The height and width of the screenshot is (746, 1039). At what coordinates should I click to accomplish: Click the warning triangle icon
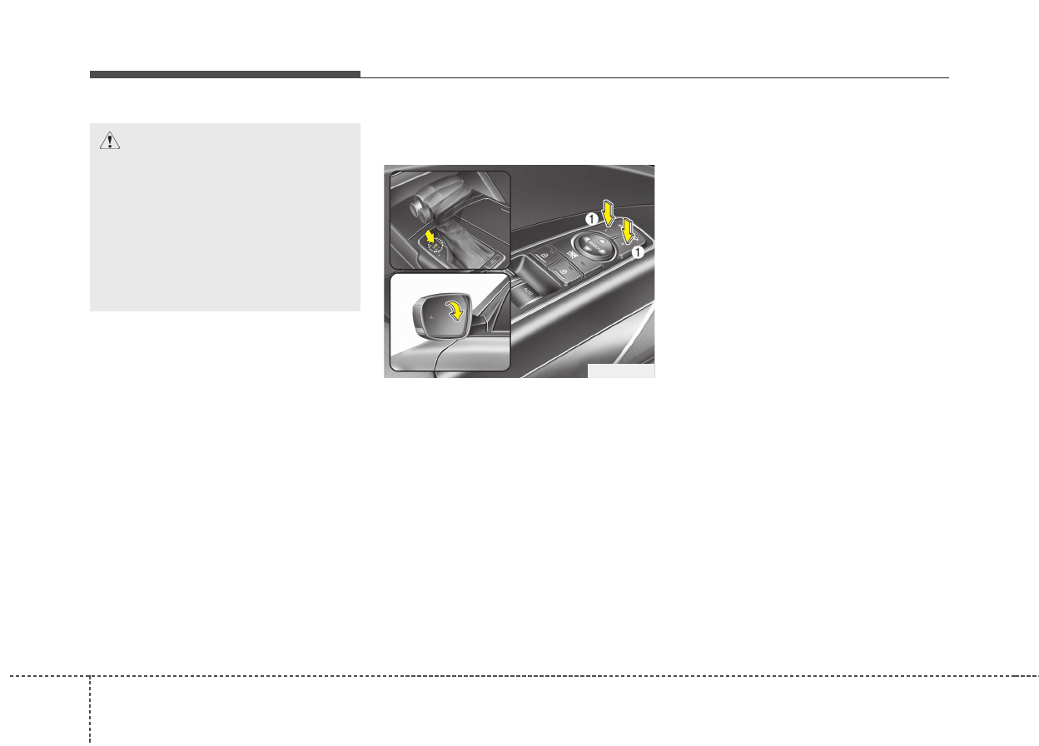click(109, 142)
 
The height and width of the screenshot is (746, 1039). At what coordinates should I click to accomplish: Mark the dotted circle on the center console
click(434, 243)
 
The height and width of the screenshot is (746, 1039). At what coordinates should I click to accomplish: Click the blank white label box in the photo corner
click(620, 371)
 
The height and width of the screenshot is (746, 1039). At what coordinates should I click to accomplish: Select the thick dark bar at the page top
click(225, 75)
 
